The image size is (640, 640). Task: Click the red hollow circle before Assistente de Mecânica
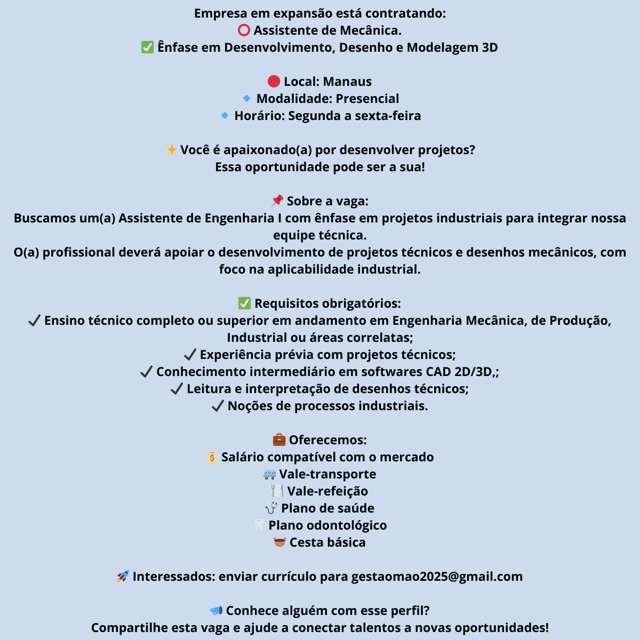[244, 30]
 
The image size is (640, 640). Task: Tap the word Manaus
[347, 82]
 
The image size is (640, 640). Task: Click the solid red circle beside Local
[274, 81]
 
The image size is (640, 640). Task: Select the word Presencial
[367, 99]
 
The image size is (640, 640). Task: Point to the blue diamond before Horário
[225, 115]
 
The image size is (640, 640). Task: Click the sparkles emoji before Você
[171, 150]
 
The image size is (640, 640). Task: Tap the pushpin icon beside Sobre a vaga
[277, 201]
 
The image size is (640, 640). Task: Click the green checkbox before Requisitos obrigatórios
[244, 303]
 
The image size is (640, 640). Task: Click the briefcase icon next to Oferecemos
[279, 440]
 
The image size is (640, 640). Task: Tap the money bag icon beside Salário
[212, 457]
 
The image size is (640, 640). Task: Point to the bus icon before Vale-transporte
[270, 474]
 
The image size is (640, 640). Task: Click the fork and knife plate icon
[277, 491]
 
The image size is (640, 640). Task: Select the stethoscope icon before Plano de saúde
[271, 508]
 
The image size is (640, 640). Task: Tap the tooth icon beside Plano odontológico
[259, 525]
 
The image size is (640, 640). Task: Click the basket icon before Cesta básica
[279, 542]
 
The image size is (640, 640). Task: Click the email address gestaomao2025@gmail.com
[437, 577]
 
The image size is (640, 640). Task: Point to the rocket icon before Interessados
[123, 577]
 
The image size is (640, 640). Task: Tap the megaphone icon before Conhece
[216, 610]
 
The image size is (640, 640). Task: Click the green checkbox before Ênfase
[147, 47]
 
